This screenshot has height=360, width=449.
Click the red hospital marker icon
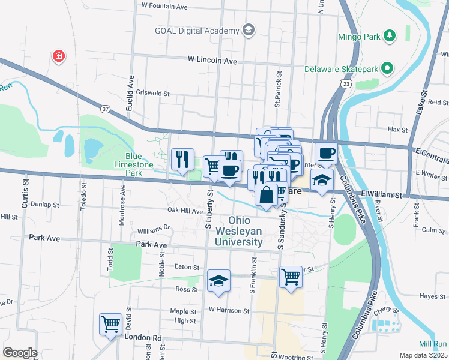(58, 56)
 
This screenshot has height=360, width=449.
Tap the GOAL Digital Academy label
(196, 31)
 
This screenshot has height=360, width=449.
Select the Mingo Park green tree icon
(390, 36)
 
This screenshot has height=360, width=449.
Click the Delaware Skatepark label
(341, 70)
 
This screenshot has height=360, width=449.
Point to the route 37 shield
(106, 109)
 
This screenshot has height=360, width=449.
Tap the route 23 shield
(346, 85)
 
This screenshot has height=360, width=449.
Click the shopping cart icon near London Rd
(110, 325)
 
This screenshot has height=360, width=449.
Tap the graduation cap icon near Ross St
(218, 280)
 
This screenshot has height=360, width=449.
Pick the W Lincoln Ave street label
(212, 61)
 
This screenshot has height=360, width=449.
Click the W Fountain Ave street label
(164, 5)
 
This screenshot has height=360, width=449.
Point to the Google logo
(19, 353)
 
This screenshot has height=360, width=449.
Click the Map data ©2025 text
(423, 355)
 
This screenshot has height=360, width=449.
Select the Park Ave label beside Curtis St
(44, 238)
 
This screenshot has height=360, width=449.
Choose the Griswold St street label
(154, 94)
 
